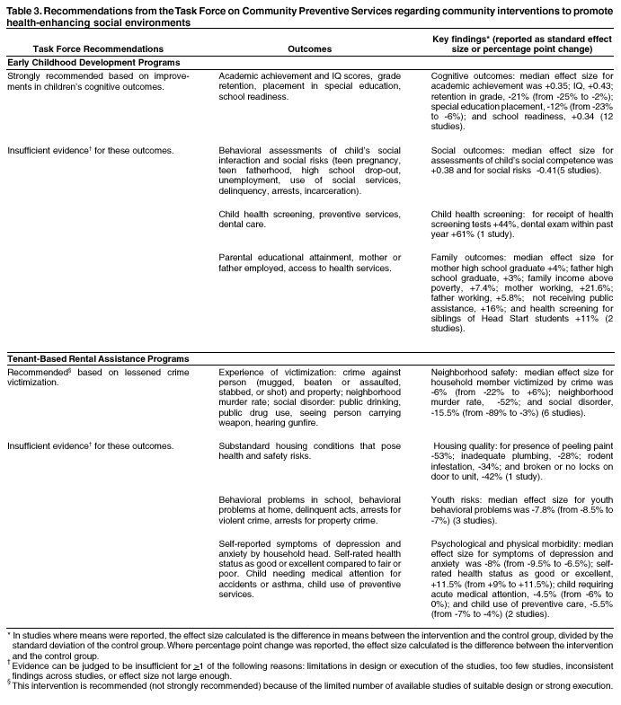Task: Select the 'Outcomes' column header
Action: (309, 48)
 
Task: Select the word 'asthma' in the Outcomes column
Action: (284, 583)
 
